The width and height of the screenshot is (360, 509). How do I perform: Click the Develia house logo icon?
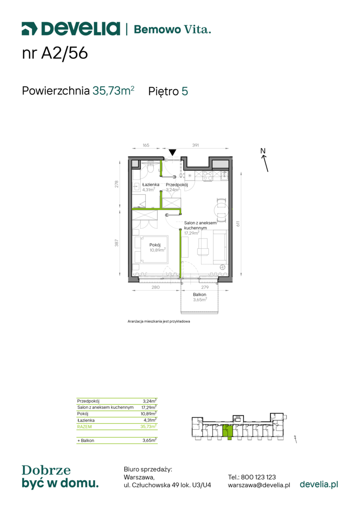pyautogui.click(x=30, y=29)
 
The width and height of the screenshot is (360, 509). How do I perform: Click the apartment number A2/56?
pyautogui.click(x=64, y=53)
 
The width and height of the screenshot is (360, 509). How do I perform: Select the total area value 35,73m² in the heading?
pyautogui.click(x=113, y=90)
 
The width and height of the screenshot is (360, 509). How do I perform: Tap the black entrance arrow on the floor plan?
pyautogui.click(x=172, y=152)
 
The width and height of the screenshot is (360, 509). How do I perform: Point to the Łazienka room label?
pyautogui.click(x=151, y=184)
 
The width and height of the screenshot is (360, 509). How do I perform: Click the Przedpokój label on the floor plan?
pyautogui.click(x=177, y=184)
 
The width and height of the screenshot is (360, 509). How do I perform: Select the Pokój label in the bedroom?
pyautogui.click(x=155, y=245)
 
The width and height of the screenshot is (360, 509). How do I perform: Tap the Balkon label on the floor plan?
pyautogui.click(x=199, y=295)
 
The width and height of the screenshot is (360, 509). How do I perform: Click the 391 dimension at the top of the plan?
pyautogui.click(x=196, y=145)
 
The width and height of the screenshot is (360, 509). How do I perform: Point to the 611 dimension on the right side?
pyautogui.click(x=238, y=224)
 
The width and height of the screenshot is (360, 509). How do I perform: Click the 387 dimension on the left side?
pyautogui.click(x=116, y=243)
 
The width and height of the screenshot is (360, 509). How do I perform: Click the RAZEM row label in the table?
pyautogui.click(x=84, y=427)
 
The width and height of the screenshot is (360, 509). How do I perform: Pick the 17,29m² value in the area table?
pyautogui.click(x=149, y=407)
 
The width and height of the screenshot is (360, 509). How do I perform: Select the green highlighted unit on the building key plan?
pyautogui.click(x=228, y=432)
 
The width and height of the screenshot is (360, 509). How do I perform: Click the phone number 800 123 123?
pyautogui.click(x=258, y=477)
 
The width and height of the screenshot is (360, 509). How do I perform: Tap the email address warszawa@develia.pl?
pyautogui.click(x=259, y=485)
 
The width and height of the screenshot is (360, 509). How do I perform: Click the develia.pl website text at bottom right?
pyautogui.click(x=319, y=484)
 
